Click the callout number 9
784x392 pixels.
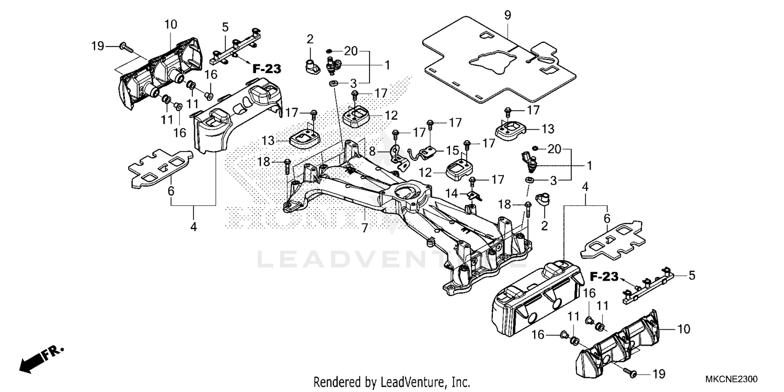coord(507,15)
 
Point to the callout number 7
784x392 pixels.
coord(364,227)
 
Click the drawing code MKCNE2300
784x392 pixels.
coord(731,379)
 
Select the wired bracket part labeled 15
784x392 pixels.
coord(425,152)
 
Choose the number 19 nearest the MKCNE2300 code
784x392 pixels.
coord(659,374)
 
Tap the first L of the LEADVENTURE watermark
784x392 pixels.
coord(264,260)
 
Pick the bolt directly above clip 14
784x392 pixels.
coord(472,182)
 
